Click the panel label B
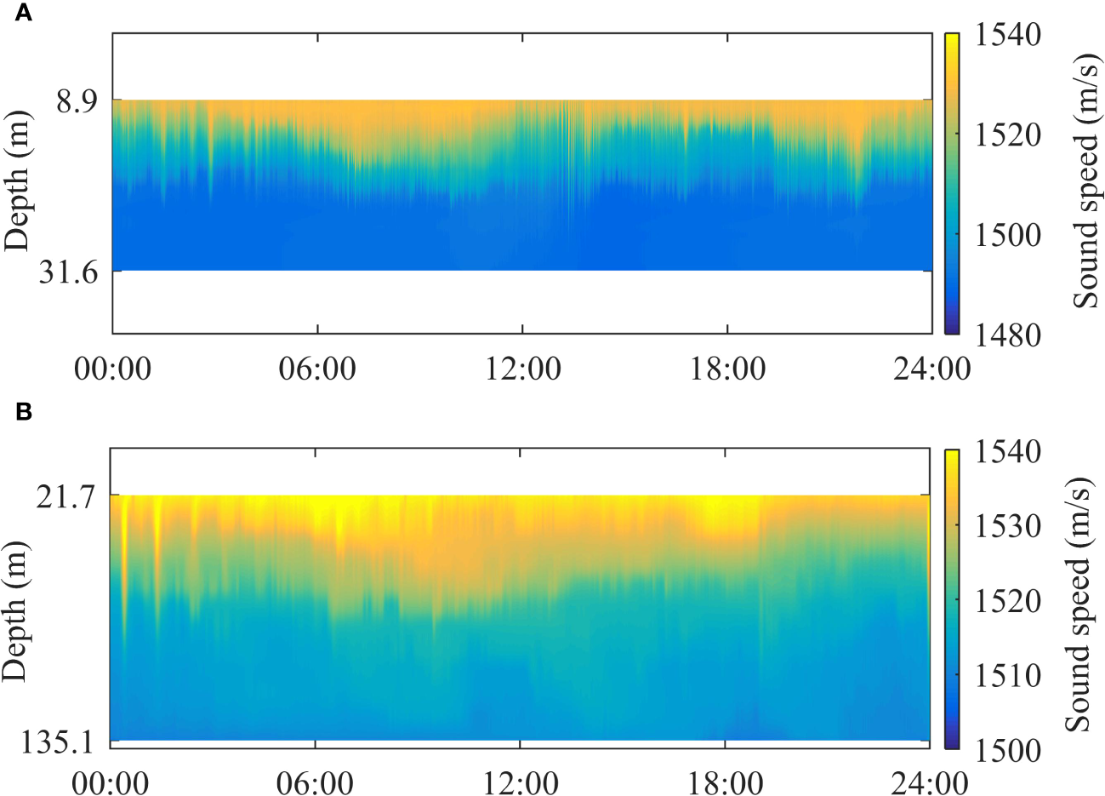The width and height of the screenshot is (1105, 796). [24, 412]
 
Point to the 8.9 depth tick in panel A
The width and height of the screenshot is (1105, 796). [77, 102]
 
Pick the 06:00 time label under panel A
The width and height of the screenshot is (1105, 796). [316, 369]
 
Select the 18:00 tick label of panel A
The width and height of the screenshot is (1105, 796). [726, 369]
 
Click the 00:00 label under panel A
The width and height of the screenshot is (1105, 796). [112, 369]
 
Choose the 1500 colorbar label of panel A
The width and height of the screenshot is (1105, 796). [1007, 235]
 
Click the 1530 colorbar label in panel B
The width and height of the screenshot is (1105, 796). [1007, 526]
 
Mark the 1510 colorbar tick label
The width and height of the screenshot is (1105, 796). [1007, 676]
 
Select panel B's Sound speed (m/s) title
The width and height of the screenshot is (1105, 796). [1078, 600]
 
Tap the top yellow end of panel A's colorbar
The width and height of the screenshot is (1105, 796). [952, 38]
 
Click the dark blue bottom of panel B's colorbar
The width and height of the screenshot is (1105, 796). [952, 744]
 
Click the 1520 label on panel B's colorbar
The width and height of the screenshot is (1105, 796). [1007, 601]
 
